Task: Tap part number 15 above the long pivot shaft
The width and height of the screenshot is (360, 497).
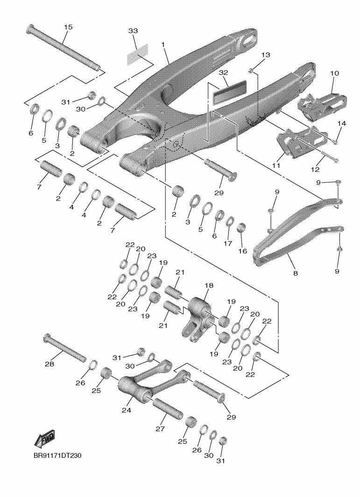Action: pos(68,28)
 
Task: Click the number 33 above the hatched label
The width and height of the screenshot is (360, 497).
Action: pos(133,31)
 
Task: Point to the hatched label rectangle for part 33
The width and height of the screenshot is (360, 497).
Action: pos(138,55)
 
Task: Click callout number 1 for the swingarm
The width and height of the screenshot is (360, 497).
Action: pos(163,44)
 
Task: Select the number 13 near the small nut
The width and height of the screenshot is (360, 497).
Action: pos(265,55)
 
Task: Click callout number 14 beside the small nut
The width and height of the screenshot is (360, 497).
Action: pos(342,124)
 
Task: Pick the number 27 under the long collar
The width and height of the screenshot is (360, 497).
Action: pos(160,428)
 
